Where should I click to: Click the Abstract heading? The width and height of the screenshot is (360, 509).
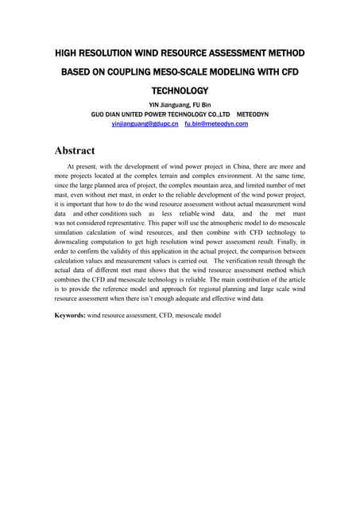(75, 150)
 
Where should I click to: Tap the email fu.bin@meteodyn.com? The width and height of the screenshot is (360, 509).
(216, 124)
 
